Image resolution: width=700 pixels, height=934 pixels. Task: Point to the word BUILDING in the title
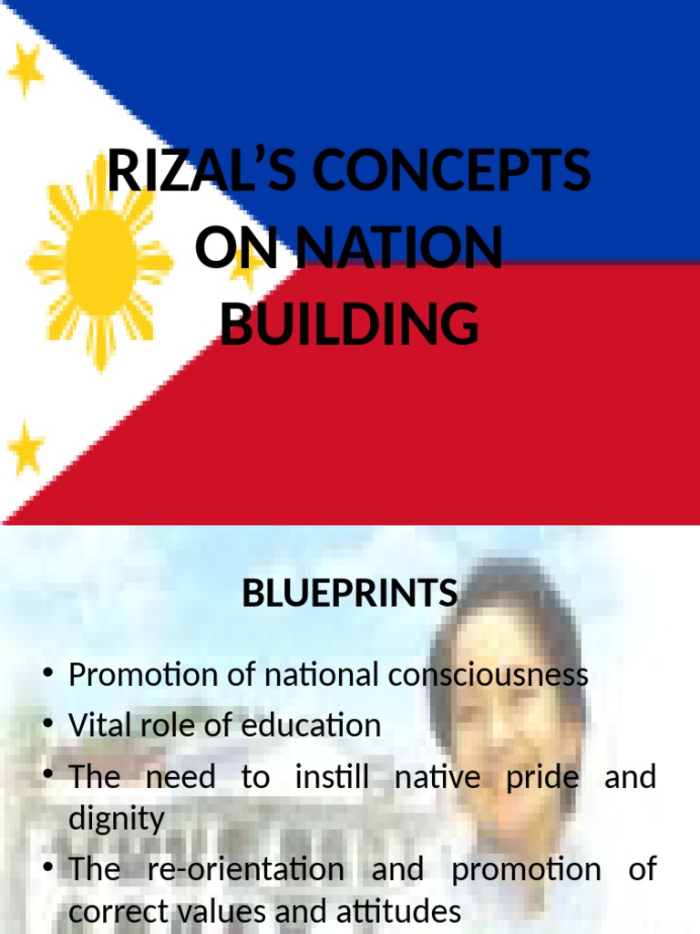349,325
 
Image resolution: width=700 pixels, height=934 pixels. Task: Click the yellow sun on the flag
100,265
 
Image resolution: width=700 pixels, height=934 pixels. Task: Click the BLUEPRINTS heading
350,595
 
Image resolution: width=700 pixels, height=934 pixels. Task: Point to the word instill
332,778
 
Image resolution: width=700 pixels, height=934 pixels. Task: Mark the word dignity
117,819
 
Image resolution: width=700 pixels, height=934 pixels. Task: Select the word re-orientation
245,870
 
